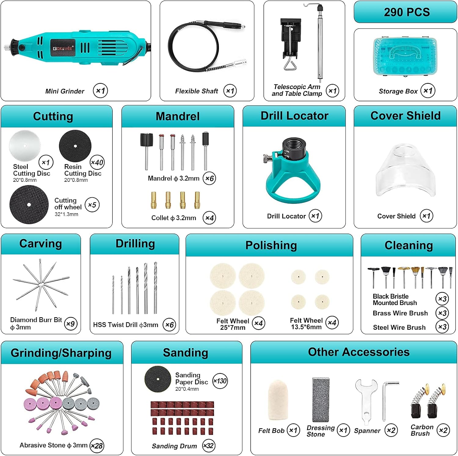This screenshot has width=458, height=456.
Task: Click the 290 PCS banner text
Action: pyautogui.click(x=407, y=12)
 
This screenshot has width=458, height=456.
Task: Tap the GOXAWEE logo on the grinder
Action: pyautogui.click(x=63, y=48)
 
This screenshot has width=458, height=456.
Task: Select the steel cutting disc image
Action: pyautogui.click(x=25, y=145)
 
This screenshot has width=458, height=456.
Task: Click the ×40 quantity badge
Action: pyautogui.click(x=97, y=162)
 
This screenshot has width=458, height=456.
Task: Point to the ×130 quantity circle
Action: pyautogui.click(x=220, y=381)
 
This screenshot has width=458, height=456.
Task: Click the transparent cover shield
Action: pyautogui.click(x=405, y=171)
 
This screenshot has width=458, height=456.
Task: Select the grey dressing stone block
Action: pyautogui.click(x=321, y=400)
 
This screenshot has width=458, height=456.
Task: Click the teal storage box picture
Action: pyautogui.click(x=405, y=57)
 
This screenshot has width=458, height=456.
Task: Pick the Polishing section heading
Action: pyautogui.click(x=271, y=246)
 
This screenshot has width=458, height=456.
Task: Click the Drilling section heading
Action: pyautogui.click(x=135, y=244)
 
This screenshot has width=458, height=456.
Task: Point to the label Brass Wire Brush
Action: pyautogui.click(x=400, y=313)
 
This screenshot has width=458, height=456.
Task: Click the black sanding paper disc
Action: pyautogui.click(x=158, y=379)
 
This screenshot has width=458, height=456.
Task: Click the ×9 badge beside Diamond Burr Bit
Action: pyautogui.click(x=71, y=324)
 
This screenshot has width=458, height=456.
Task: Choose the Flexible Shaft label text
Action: pyautogui.click(x=197, y=91)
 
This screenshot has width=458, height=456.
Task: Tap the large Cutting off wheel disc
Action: pyautogui.click(x=29, y=205)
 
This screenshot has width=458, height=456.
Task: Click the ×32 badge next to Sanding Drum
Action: pyautogui.click(x=209, y=446)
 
